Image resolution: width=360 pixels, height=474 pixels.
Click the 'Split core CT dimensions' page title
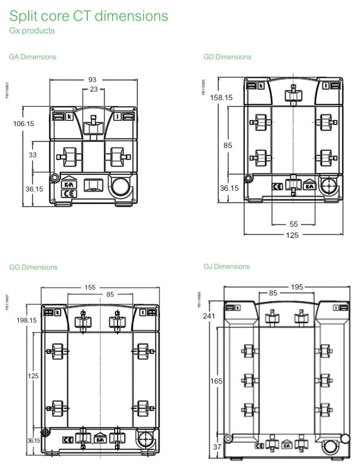[88, 16]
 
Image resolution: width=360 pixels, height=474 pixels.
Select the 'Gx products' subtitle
[32, 31]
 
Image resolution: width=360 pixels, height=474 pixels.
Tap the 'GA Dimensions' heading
[33, 57]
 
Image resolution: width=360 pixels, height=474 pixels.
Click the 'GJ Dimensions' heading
[227, 266]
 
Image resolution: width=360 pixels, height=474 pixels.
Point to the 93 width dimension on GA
[92, 80]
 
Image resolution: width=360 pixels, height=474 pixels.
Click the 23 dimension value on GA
[94, 89]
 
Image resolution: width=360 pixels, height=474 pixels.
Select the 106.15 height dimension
[24, 124]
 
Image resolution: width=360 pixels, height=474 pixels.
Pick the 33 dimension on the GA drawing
[33, 155]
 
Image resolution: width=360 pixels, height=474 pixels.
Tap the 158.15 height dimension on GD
[221, 98]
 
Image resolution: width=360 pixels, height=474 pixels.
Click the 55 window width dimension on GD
[294, 224]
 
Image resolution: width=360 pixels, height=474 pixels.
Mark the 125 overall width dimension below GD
[292, 235]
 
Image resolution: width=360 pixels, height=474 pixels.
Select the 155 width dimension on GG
[90, 288]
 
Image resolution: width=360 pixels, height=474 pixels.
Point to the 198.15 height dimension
[27, 320]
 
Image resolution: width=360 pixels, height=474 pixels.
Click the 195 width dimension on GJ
[297, 287]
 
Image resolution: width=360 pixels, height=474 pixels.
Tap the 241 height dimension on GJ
[209, 316]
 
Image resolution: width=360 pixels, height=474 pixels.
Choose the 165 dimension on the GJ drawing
[216, 381]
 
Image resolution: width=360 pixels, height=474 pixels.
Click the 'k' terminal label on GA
[69, 117]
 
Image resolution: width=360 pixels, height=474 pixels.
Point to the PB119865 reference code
[203, 87]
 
